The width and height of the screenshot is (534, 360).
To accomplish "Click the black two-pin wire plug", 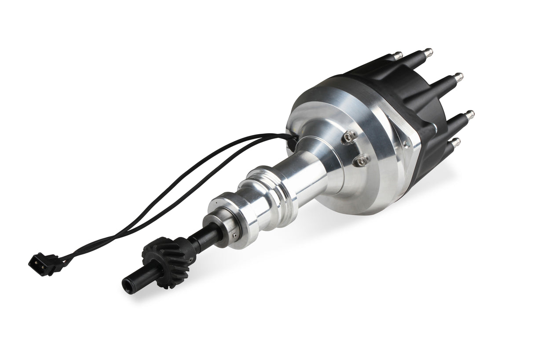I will (x=44, y=264).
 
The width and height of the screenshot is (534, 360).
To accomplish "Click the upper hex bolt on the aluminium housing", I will (x=347, y=138).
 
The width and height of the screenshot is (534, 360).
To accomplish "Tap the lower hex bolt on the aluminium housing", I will (x=362, y=161).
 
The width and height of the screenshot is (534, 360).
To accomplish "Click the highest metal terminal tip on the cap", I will (x=428, y=51).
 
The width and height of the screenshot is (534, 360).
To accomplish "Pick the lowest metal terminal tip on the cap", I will (x=456, y=142).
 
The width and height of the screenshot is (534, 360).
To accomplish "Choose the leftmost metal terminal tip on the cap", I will (x=398, y=55).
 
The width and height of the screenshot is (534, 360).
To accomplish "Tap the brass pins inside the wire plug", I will (x=35, y=262).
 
